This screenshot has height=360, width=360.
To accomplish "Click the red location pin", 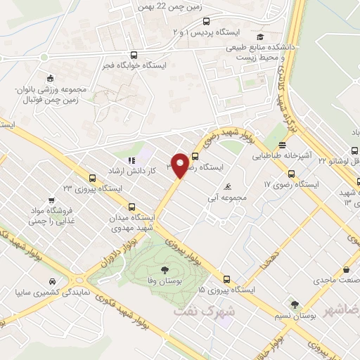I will [x=181, y=165].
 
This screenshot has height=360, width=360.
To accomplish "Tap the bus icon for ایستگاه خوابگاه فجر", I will [x=134, y=54].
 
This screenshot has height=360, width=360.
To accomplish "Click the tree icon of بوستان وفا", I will [x=165, y=270].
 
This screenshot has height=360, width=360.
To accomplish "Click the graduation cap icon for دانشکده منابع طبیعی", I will [x=261, y=37].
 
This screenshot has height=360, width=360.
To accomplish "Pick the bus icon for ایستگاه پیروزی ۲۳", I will [x=92, y=178].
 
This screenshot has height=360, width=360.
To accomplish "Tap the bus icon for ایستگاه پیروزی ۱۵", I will [x=226, y=278].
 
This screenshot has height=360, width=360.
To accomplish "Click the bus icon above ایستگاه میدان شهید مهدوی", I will [x=132, y=207].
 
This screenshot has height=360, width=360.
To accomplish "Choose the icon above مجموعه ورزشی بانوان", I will [x=49, y=79].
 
